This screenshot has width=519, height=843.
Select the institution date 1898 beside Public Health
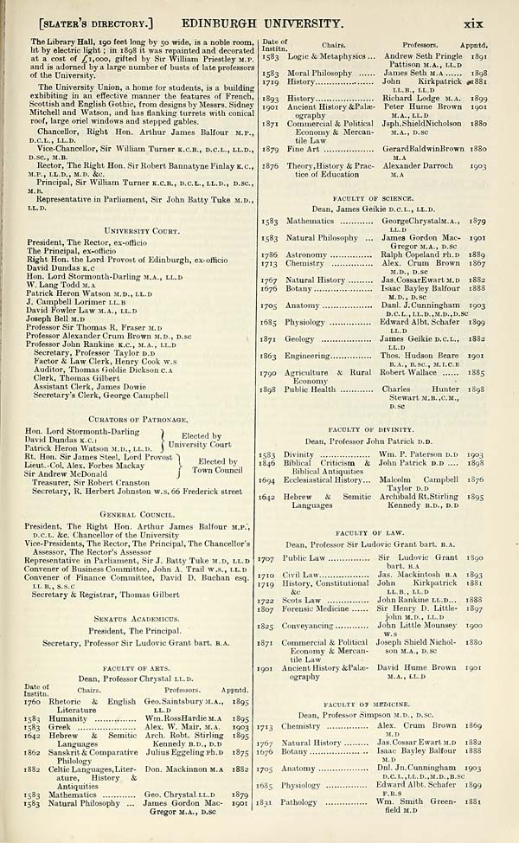pyautogui.click(x=268, y=389)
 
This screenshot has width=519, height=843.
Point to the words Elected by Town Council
pyautogui.click(x=217, y=466)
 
